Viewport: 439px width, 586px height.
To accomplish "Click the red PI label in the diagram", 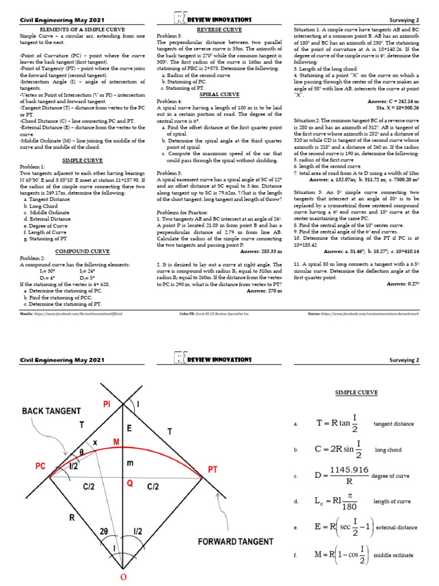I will (x=106, y=405).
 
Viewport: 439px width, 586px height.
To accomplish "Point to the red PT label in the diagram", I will (x=213, y=469).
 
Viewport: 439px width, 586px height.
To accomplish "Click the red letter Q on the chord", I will (x=130, y=483).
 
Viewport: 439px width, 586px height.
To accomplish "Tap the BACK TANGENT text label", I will (x=51, y=410).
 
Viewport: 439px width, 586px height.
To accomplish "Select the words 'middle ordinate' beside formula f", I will (x=394, y=555).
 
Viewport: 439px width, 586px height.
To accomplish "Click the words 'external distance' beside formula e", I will (x=401, y=527).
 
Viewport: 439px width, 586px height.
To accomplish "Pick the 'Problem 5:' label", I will (x=170, y=173).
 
